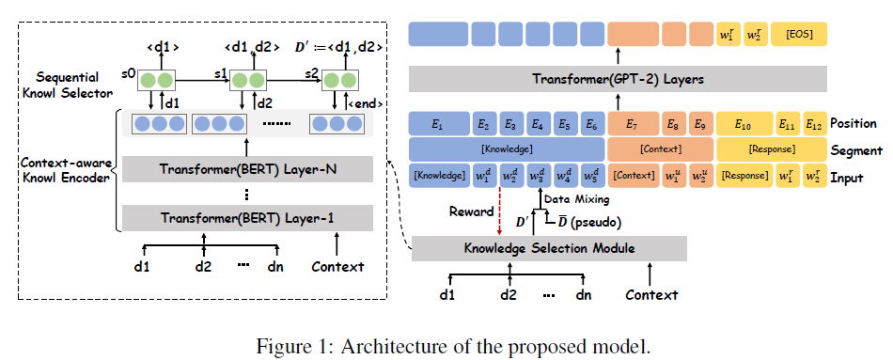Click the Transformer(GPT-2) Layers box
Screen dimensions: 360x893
[x=618, y=79]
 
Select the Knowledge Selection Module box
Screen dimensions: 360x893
[x=550, y=248]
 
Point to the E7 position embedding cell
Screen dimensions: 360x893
[x=633, y=124]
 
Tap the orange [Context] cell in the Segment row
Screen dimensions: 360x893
[x=660, y=149]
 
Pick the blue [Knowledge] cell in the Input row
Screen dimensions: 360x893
[x=438, y=175]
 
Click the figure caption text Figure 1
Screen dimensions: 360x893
[x=290, y=344]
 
